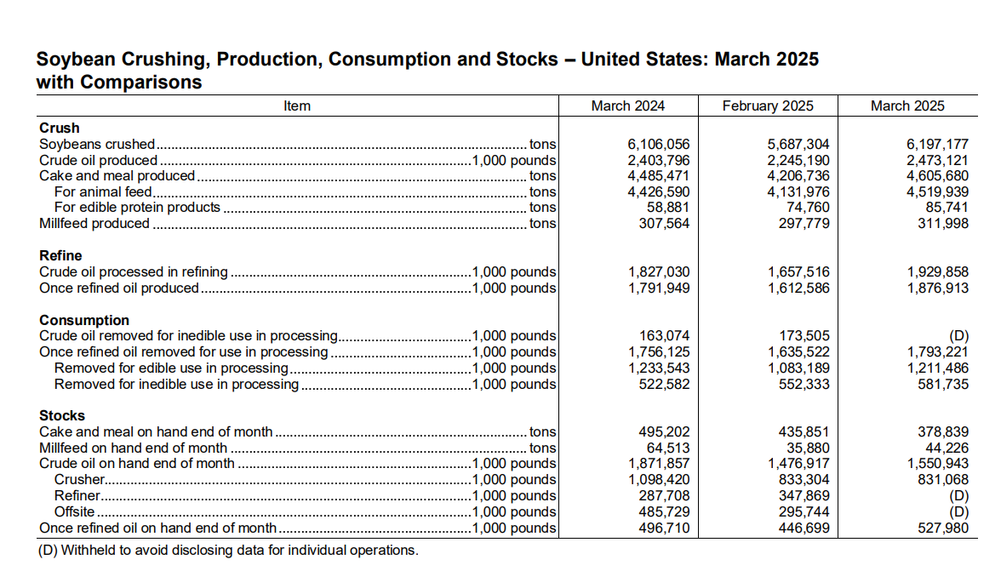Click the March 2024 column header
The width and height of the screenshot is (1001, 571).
click(x=627, y=106)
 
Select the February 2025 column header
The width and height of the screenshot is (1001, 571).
click(x=768, y=106)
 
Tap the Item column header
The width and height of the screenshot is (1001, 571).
click(x=297, y=106)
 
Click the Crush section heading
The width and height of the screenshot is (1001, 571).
click(x=60, y=128)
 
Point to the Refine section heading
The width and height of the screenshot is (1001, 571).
click(x=60, y=255)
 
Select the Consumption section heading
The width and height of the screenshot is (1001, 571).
click(x=84, y=320)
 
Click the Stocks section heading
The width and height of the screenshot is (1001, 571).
click(x=62, y=415)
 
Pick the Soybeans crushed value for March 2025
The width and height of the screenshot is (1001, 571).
click(x=937, y=144)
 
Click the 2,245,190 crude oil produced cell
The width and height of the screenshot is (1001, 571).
click(x=798, y=160)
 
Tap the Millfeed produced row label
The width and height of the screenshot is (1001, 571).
click(x=94, y=223)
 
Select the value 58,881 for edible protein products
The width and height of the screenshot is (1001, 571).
click(x=668, y=208)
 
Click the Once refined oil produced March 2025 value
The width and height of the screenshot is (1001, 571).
click(x=938, y=288)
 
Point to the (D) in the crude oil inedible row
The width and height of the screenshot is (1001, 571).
click(x=958, y=335)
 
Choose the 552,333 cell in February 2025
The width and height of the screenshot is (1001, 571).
click(x=804, y=384)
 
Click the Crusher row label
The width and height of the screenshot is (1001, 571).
click(x=80, y=479)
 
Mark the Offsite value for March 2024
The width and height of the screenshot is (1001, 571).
click(x=664, y=511)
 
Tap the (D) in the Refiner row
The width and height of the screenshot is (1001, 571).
click(x=958, y=496)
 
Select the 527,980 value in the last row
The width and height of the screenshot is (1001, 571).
click(x=943, y=528)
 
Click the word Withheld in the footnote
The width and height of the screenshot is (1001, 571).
click(x=89, y=550)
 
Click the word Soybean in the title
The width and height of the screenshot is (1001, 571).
click(x=76, y=60)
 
